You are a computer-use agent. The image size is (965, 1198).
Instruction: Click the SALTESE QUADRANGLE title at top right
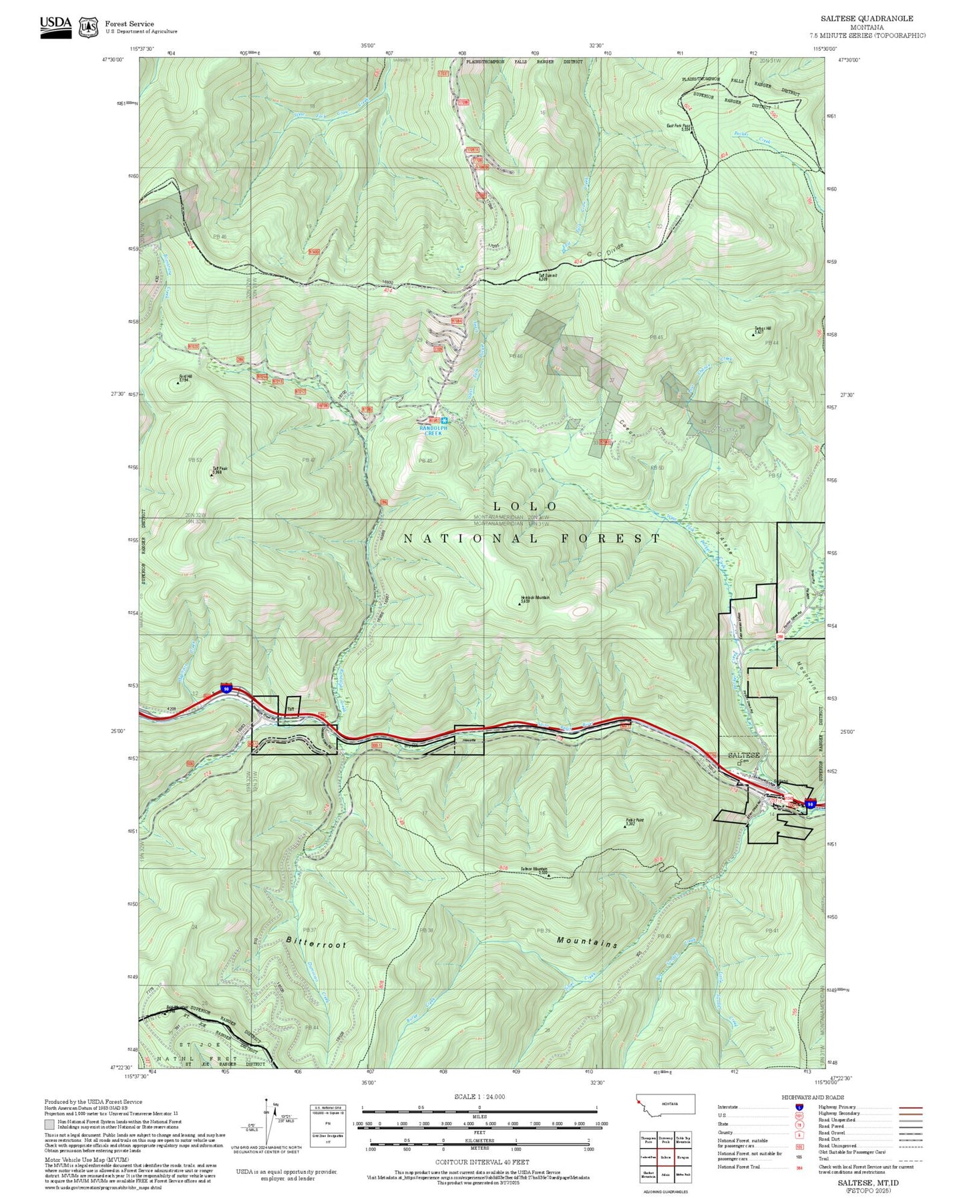[x=867, y=19]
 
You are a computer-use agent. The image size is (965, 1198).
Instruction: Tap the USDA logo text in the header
[x=55, y=23]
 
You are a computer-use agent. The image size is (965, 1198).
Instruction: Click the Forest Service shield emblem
[x=88, y=27]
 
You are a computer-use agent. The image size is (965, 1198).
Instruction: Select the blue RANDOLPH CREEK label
[x=431, y=431]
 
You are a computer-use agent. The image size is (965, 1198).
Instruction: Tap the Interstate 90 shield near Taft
[x=227, y=688]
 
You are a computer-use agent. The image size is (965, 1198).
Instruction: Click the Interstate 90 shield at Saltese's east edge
[x=810, y=804]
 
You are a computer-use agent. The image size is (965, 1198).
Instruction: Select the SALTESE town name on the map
[x=743, y=755]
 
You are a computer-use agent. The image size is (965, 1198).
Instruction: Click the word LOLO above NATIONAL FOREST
[x=525, y=507]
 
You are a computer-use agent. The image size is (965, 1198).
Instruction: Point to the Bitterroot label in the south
[x=317, y=943]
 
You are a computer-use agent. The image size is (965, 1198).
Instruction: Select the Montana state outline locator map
[x=665, y=1123]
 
